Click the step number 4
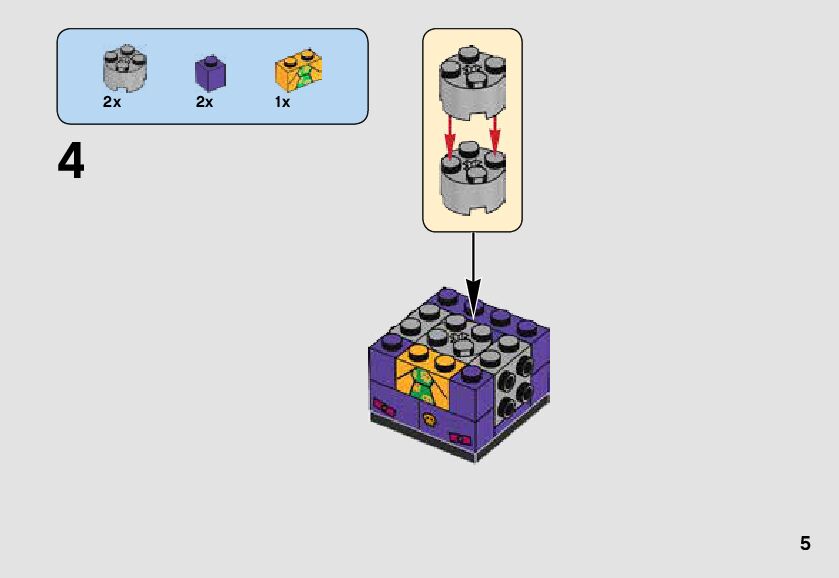coord(71,162)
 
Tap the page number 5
coord(805,544)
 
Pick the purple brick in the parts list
coord(210,73)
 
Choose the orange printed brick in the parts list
coord(298,71)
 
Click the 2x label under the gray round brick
coord(111,102)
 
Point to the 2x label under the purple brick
coord(204,102)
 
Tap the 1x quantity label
coord(283,102)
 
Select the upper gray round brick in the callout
coord(472,84)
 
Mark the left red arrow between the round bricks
coord(451,138)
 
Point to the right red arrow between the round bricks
coord(494,138)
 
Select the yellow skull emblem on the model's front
coord(429,420)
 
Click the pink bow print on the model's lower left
coord(383,406)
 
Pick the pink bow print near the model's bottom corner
coord(461,438)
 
